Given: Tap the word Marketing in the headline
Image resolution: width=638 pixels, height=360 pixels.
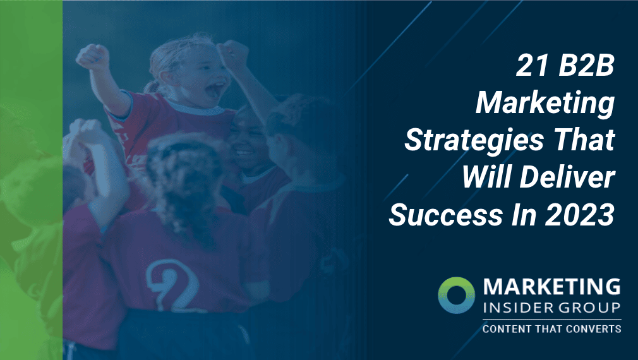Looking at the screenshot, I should click(x=545, y=104).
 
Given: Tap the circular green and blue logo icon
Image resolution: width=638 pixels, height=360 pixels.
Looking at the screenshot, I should click(x=455, y=294).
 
